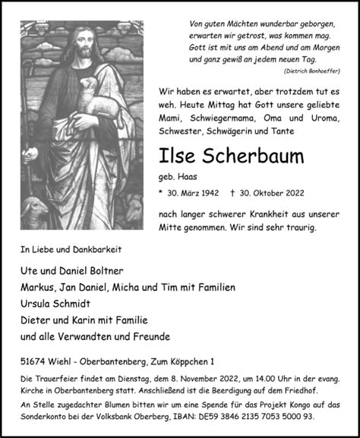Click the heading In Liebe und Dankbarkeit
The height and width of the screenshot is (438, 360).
(71, 248)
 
